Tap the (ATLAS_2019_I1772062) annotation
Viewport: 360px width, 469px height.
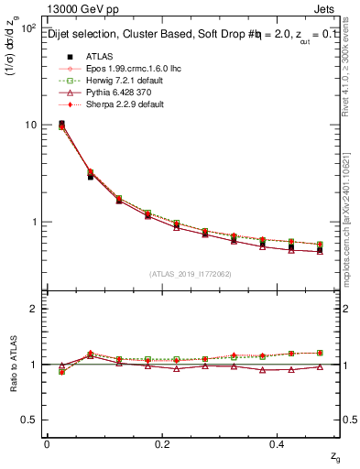coord(191,272)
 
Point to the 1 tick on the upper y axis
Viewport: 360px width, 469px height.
coord(35,223)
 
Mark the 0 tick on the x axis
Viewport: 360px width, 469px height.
coord(46,443)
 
